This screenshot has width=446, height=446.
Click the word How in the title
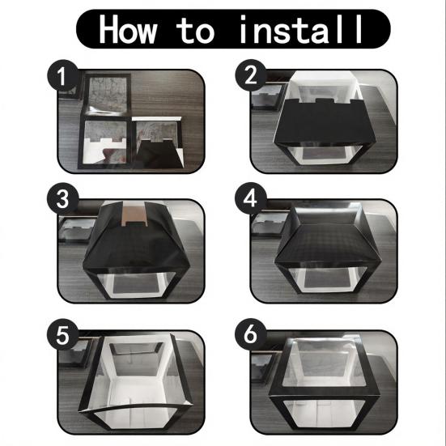pyautogui.click(x=127, y=29)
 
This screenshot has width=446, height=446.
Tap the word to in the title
pyautogui.click(x=195, y=30)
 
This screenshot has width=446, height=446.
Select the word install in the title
pyautogui.click(x=301, y=29)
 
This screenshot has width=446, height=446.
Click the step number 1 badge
pyautogui.click(x=62, y=75)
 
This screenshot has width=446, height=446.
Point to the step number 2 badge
pyautogui.click(x=251, y=75)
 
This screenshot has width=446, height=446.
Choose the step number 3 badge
pyautogui.click(x=62, y=198)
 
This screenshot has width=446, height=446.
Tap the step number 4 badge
pyautogui.click(x=250, y=198)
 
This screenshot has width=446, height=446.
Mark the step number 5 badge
pyautogui.click(x=62, y=334)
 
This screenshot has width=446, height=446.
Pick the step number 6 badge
pyautogui.click(x=250, y=334)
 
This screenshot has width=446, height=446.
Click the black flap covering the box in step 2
pyautogui.click(x=320, y=122)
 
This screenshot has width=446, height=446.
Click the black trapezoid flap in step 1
pyautogui.click(x=158, y=155)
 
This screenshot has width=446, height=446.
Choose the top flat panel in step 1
pyautogui.click(x=107, y=94)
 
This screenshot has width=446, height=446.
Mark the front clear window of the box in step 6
pyautogui.click(x=324, y=414)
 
